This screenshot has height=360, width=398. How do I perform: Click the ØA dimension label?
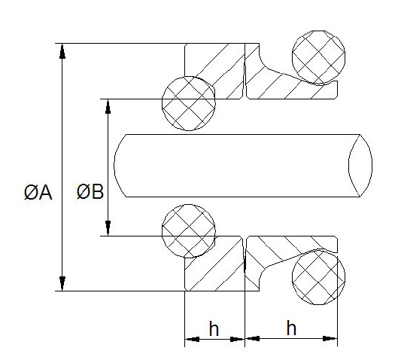(38, 192)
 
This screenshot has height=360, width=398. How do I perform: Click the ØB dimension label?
(90, 191)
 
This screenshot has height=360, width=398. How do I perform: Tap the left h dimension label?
(214, 328)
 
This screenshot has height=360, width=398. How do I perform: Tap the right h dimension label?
(291, 328)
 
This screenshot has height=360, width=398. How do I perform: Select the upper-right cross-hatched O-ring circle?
(318, 57)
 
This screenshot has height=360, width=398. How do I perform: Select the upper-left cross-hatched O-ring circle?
(189, 103)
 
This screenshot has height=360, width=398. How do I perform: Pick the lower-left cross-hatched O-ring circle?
(189, 231)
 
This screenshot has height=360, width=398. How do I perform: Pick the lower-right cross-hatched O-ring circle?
(318, 277)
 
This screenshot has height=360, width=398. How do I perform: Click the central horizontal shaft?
(243, 166)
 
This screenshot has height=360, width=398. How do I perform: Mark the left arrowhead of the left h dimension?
(192, 339)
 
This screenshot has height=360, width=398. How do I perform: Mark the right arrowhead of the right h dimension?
(330, 338)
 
